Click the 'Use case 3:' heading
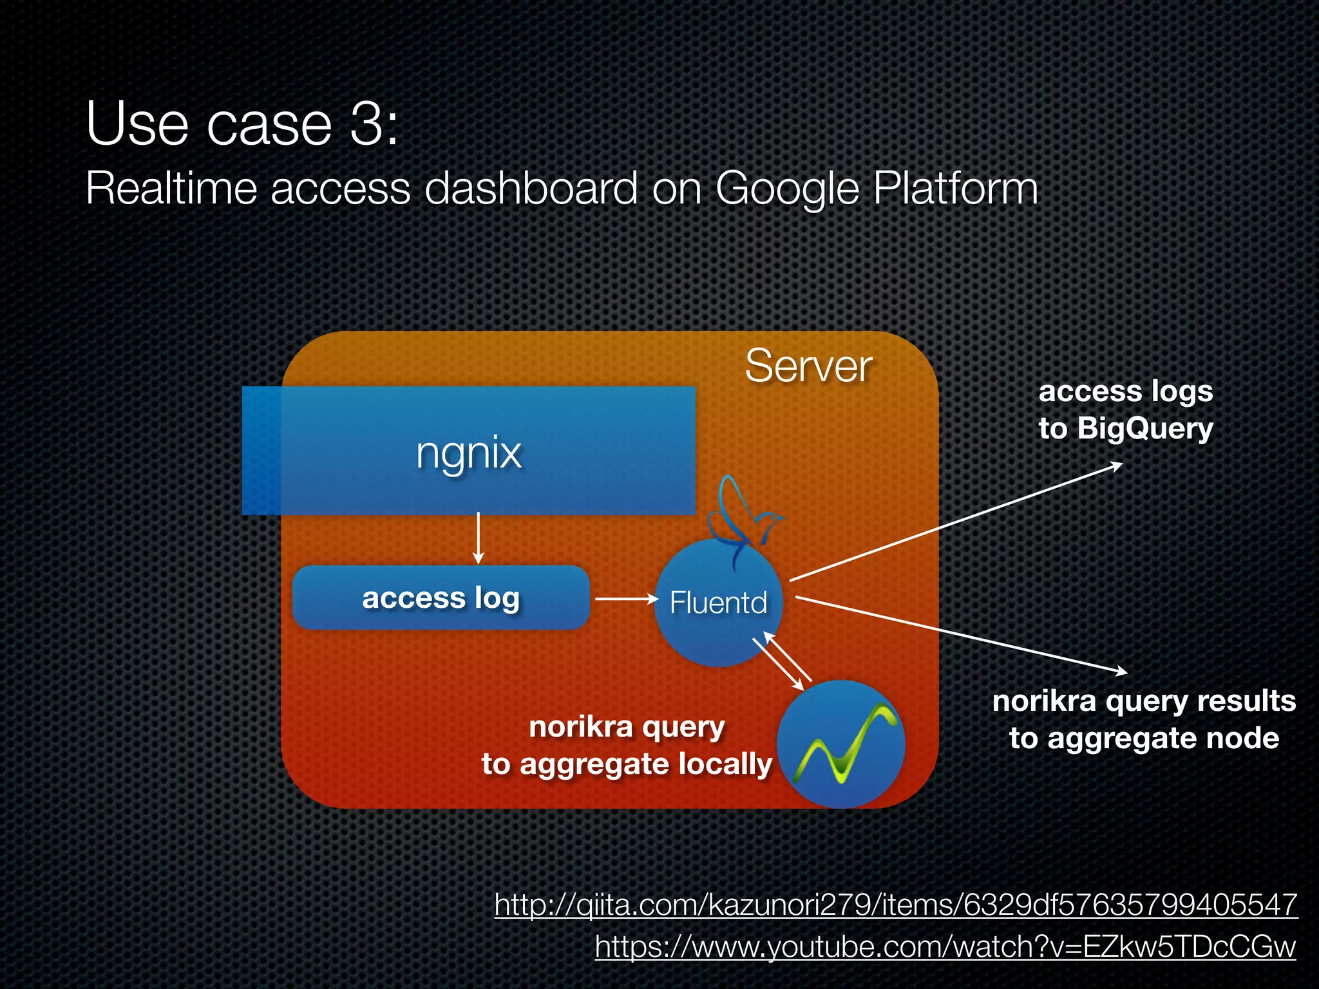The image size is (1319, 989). pyautogui.click(x=242, y=124)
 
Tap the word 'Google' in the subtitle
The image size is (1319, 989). pyautogui.click(x=787, y=189)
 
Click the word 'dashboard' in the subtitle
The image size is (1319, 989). pyautogui.click(x=531, y=188)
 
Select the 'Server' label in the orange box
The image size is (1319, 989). pyautogui.click(x=808, y=366)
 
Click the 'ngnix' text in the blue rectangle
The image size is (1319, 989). pyautogui.click(x=468, y=453)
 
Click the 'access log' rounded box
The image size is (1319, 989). pyautogui.click(x=441, y=598)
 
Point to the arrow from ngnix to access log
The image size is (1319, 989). pyautogui.click(x=478, y=538)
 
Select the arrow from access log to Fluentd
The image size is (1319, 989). pyautogui.click(x=625, y=599)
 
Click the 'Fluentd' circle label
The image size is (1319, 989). pyautogui.click(x=718, y=603)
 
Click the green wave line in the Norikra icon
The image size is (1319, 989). pyautogui.click(x=844, y=747)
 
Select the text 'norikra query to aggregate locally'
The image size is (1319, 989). pyautogui.click(x=627, y=746)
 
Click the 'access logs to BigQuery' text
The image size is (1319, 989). pyautogui.click(x=1125, y=410)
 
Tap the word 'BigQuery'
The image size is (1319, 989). pyautogui.click(x=1144, y=429)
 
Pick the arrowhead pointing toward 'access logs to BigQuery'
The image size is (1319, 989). pyautogui.click(x=1117, y=465)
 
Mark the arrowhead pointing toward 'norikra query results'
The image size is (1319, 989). pyautogui.click(x=1122, y=672)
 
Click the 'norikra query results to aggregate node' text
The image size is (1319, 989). pyautogui.click(x=1144, y=719)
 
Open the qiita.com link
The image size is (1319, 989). pyautogui.click(x=895, y=905)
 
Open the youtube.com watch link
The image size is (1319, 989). pyautogui.click(x=945, y=947)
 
